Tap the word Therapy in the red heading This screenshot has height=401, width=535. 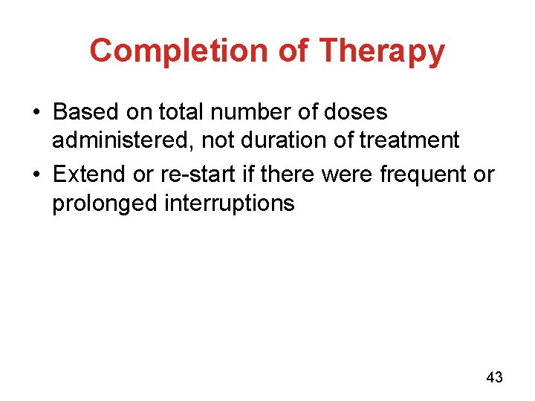382,51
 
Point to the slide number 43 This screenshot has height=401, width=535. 494,378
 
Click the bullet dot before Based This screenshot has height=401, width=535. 36,113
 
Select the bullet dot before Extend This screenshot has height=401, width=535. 36,175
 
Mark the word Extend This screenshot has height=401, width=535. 89,175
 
